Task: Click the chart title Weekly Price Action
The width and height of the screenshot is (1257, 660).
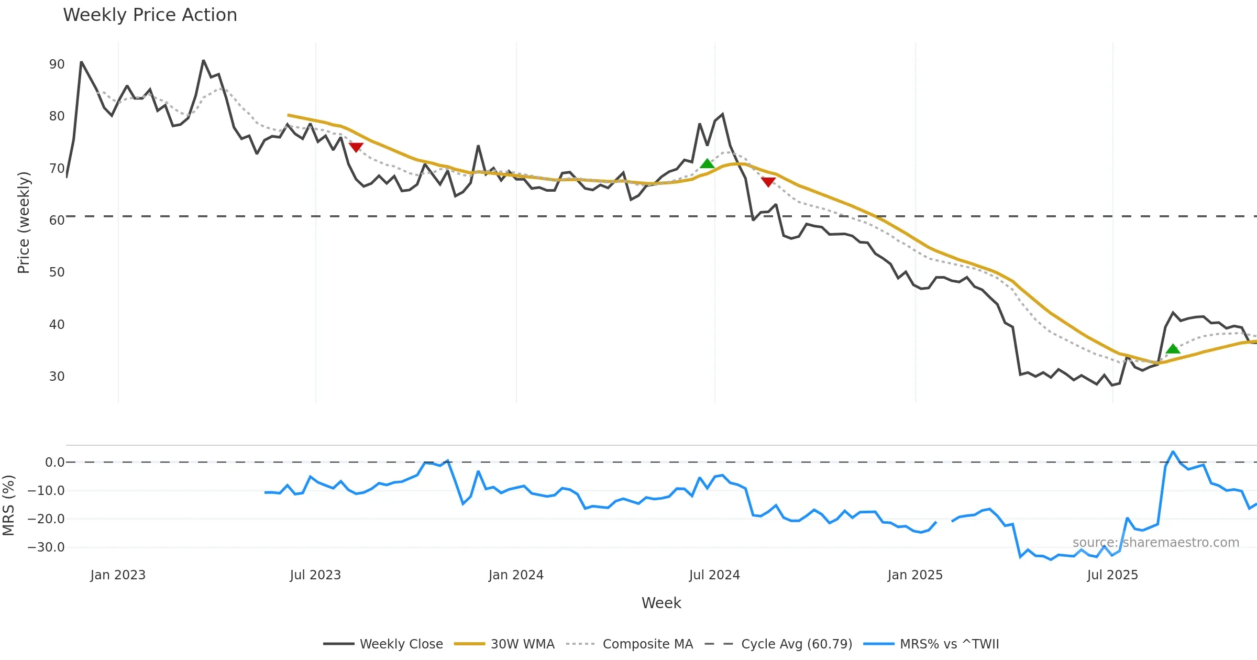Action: tap(150, 15)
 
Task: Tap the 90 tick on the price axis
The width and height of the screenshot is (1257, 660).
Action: tap(57, 64)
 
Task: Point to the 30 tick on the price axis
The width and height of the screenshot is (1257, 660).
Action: tap(57, 377)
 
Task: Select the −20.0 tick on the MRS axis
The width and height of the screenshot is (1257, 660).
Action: tap(46, 519)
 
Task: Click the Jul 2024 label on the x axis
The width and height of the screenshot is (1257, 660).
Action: tap(714, 575)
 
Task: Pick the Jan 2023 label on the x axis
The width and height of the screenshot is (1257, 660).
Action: tap(118, 575)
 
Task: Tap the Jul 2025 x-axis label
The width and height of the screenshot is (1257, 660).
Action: tap(1112, 575)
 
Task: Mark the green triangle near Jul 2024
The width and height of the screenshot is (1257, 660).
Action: tap(707, 164)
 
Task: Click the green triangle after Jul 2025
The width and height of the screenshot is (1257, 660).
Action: tap(1173, 349)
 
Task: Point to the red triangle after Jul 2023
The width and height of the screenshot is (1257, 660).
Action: tap(356, 147)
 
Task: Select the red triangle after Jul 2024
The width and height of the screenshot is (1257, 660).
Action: tap(768, 182)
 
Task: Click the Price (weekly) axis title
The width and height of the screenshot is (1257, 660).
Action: tap(24, 223)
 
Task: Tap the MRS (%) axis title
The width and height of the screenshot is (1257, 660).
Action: tap(9, 505)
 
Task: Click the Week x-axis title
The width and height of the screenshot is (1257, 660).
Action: tap(661, 603)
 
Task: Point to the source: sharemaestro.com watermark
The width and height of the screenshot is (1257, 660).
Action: tap(1155, 543)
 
